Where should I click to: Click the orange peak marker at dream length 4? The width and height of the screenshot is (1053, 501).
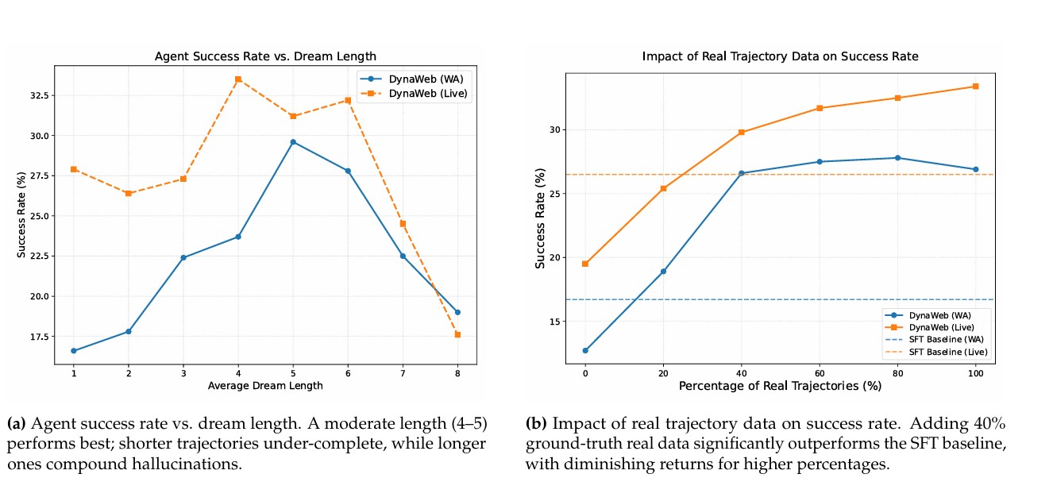coord(238,79)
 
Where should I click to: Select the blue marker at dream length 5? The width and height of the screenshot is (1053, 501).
coord(293,142)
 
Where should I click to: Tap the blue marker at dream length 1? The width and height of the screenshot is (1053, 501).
coord(74,350)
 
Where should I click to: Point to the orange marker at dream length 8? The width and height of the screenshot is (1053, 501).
coord(457,334)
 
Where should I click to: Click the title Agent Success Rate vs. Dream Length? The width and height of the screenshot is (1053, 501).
coord(265,56)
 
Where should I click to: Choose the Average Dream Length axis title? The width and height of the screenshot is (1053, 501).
coord(265,386)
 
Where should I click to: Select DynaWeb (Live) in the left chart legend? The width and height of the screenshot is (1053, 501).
coord(426,94)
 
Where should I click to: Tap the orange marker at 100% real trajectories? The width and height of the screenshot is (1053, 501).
coord(975,86)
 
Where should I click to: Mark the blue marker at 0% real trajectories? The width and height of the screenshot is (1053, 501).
coord(585,350)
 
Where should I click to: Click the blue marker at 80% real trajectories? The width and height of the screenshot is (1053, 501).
coord(897,158)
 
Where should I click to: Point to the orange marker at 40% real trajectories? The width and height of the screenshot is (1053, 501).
coord(742,132)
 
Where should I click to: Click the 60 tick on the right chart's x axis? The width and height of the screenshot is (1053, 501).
coord(820,372)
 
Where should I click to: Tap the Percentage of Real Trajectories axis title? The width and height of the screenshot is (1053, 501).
coord(780,386)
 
